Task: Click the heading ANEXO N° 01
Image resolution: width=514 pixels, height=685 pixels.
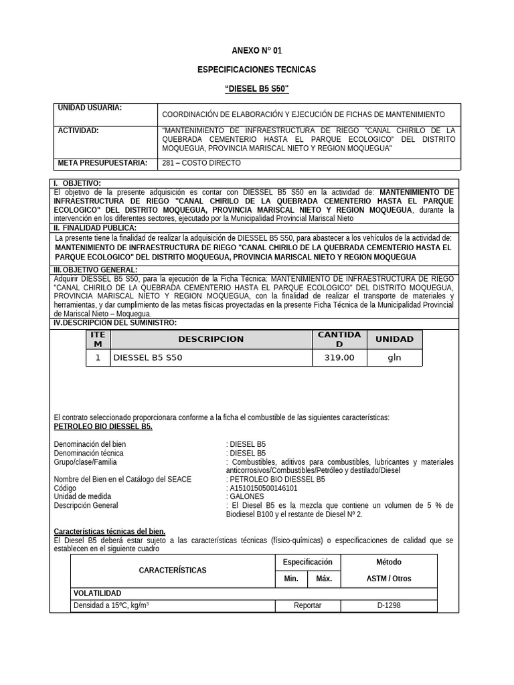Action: (x=257, y=51)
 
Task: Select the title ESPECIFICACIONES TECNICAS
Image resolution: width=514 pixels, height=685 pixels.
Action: (x=257, y=70)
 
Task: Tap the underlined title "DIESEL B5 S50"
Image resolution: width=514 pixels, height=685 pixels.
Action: (x=257, y=89)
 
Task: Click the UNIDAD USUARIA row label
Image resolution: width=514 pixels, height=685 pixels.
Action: (x=90, y=108)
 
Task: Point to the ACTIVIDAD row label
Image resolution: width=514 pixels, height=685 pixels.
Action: (x=78, y=130)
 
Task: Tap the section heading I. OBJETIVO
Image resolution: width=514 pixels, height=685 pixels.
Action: (x=78, y=183)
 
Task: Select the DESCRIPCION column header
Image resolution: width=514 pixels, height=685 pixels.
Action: (x=211, y=339)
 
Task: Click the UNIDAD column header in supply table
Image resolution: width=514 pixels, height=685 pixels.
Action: (x=394, y=339)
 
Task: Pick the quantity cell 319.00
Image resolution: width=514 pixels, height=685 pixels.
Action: (x=339, y=358)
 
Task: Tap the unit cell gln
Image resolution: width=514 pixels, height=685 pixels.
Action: (x=394, y=358)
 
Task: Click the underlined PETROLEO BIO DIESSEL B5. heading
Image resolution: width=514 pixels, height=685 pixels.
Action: (x=103, y=426)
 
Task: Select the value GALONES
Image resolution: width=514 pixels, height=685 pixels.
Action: (x=247, y=497)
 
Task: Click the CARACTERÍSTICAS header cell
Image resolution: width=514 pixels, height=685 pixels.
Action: (x=173, y=571)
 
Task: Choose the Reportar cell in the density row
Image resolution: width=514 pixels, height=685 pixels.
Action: (x=308, y=605)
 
